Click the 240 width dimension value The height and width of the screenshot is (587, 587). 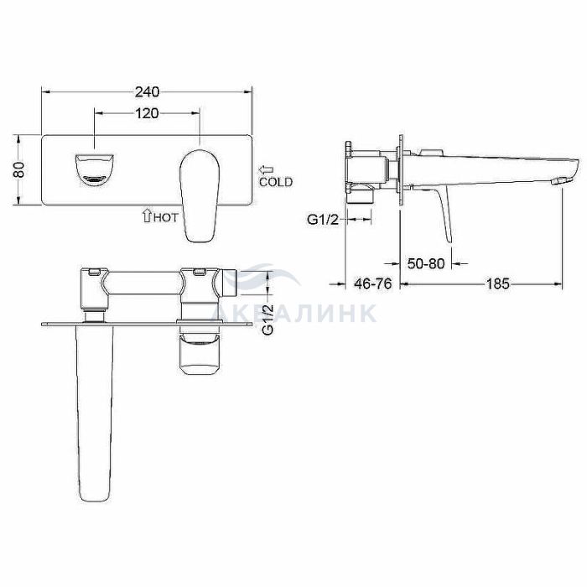click(147, 91)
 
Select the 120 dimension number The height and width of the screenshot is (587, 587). click(147, 113)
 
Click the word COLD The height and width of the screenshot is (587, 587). click(276, 182)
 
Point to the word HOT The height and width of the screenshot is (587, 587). click(165, 217)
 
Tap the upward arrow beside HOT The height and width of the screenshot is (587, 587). click(147, 216)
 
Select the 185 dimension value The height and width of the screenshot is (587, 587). click(497, 284)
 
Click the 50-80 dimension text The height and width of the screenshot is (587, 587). click(426, 264)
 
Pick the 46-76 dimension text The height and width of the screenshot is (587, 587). click(373, 284)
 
